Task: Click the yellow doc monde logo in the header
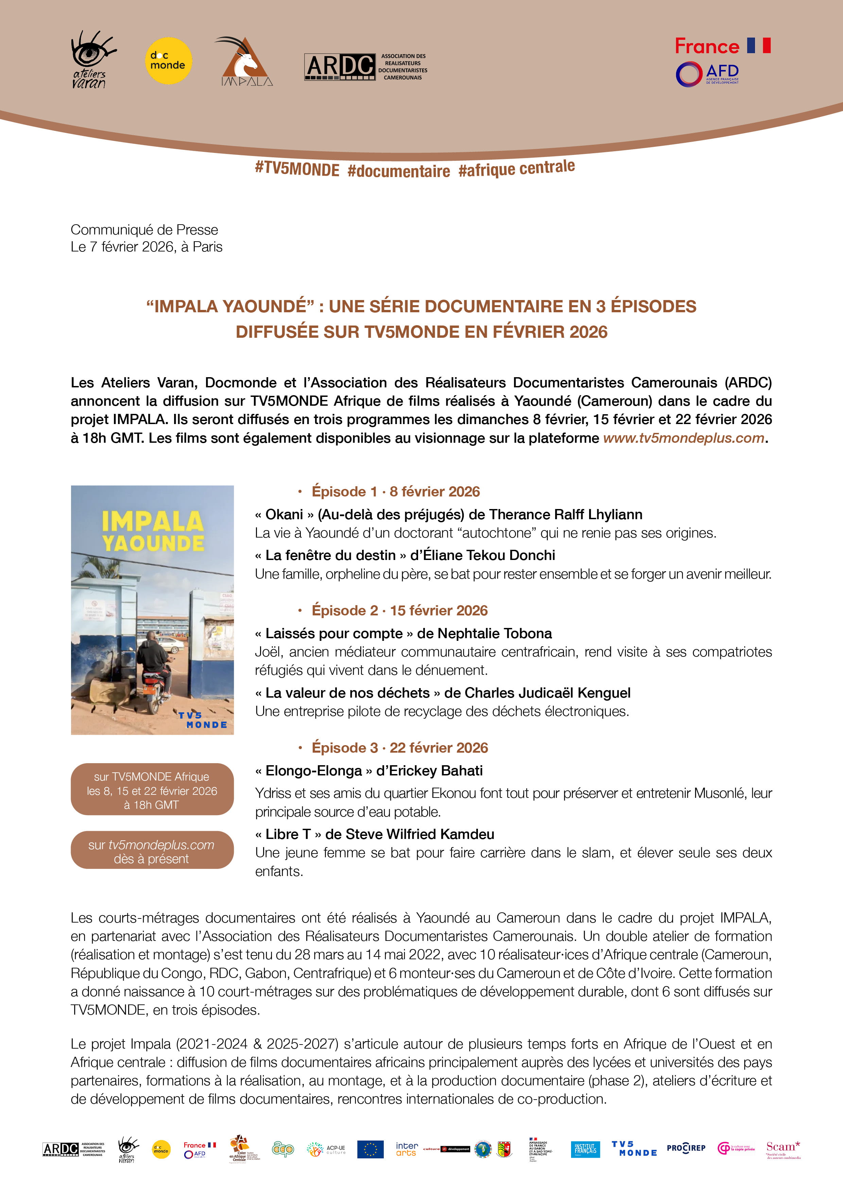coord(168,61)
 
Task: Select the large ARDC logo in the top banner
coord(340,67)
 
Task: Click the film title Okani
coord(284,514)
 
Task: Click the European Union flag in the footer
coord(370,1150)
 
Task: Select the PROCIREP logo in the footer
coord(686,1149)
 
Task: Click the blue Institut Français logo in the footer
coord(585,1150)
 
